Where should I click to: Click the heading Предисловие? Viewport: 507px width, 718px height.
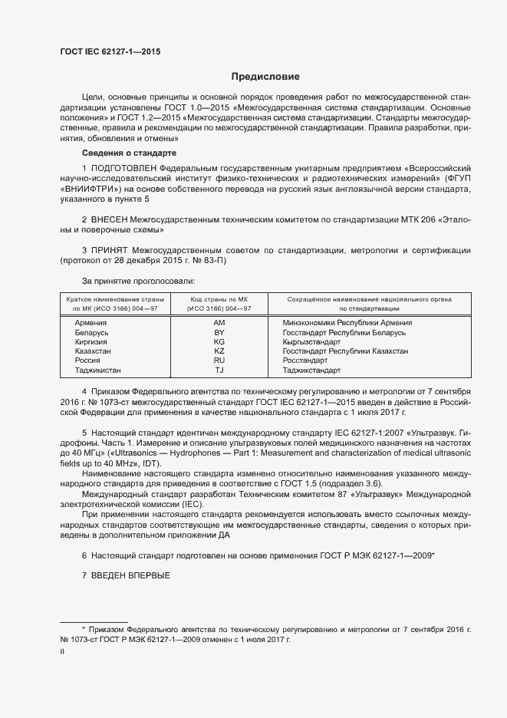click(265, 77)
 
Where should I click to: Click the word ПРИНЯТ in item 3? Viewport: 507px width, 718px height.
click(110, 250)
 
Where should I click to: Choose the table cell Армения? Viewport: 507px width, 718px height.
click(91, 323)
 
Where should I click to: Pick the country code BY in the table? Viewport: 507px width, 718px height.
click(219, 332)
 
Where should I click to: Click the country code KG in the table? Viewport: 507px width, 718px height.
click(219, 341)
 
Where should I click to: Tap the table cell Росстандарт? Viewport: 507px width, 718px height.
click(305, 360)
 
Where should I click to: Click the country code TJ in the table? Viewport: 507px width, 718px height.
click(219, 370)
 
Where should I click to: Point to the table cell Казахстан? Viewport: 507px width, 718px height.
click(93, 351)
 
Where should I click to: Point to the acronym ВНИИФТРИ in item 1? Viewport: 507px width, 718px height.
click(94, 188)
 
